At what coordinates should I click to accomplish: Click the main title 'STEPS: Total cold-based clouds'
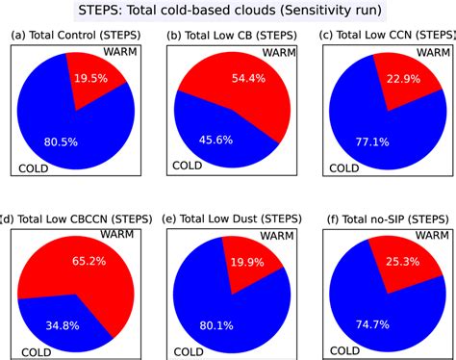point(228,12)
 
